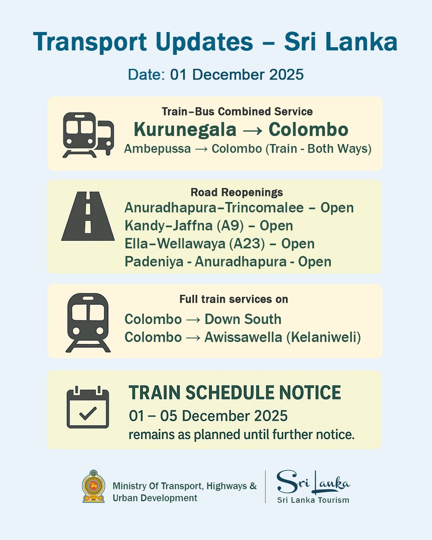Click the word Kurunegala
click(x=185, y=130)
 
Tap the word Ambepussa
click(x=157, y=149)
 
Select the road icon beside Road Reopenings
click(x=88, y=216)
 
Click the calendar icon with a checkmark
click(x=88, y=407)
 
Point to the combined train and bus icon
click(x=88, y=135)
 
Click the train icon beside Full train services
click(x=88, y=322)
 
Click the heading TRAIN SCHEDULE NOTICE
click(x=234, y=393)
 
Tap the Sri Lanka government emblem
click(x=93, y=486)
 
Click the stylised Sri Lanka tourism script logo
click(x=313, y=481)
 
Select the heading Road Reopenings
click(x=237, y=193)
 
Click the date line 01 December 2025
click(x=216, y=74)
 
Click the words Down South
click(x=243, y=319)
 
